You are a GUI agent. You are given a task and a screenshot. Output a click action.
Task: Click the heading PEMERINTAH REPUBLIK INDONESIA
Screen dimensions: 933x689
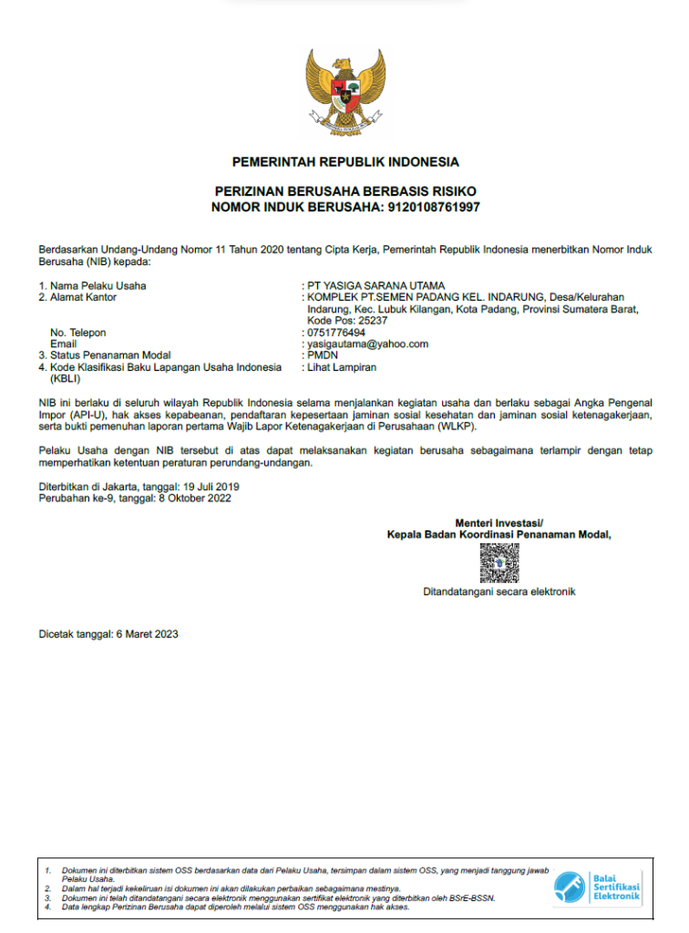[344, 163]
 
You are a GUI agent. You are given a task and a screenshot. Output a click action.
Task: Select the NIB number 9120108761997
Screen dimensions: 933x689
[434, 208]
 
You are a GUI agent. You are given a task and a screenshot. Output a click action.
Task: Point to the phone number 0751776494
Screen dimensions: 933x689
[336, 333]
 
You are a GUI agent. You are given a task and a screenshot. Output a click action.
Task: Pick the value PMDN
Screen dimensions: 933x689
[322, 356]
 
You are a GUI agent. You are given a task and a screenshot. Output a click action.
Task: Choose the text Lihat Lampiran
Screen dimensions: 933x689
[342, 367]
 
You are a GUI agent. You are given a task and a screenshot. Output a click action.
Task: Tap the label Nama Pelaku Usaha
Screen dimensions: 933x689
[98, 286]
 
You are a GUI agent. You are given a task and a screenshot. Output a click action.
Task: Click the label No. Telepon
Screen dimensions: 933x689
[78, 333]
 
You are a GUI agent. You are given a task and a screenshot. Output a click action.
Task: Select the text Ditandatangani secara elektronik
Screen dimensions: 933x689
[499, 592]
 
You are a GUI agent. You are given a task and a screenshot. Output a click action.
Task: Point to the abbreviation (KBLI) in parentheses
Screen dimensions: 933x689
[66, 378]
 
